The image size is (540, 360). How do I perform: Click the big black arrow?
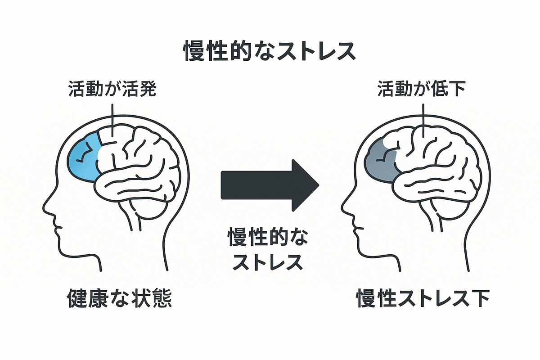[x=265, y=184]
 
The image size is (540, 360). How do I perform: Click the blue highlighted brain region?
[x=84, y=157]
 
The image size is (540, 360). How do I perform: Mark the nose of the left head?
[x=45, y=208]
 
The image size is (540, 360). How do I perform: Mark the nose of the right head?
[x=343, y=208]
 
